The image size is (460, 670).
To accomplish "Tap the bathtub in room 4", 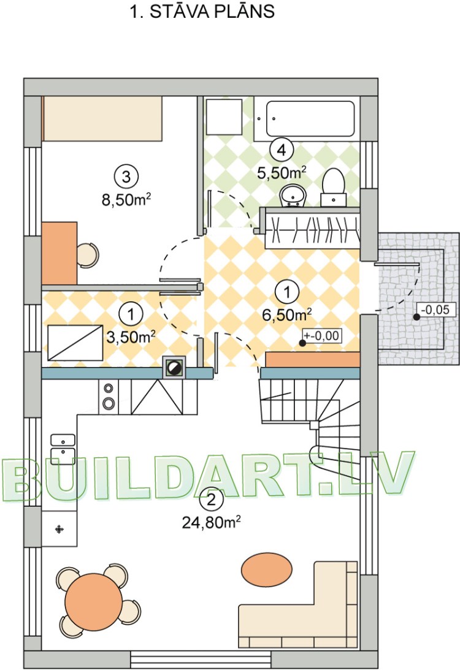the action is click(310, 118).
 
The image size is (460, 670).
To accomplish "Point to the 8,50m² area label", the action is click(126, 199).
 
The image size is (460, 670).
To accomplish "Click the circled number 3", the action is click(126, 177).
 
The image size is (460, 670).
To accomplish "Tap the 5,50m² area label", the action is click(282, 173).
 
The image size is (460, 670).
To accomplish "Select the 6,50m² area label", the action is click(287, 315).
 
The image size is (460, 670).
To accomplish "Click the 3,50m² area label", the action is click(131, 338).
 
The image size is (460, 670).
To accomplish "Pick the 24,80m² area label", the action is click(211, 522).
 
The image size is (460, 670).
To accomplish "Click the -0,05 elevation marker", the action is click(435, 310).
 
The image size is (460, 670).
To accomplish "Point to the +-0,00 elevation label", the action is click(322, 336).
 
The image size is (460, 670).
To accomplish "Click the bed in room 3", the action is click(102, 118).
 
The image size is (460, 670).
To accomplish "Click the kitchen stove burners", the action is click(108, 396).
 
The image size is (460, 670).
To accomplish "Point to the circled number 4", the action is click(282, 150).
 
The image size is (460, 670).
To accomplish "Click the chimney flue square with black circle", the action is click(174, 368).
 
